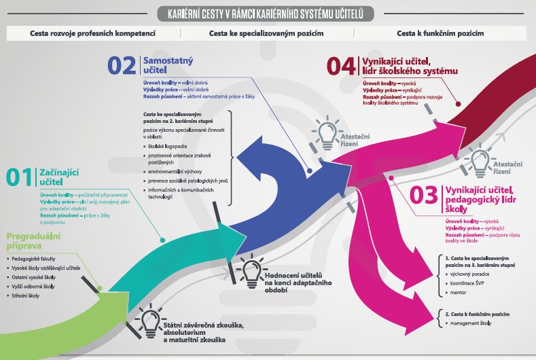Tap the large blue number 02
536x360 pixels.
point(122,65)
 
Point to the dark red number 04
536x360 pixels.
point(341,66)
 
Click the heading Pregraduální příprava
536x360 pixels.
point(33,241)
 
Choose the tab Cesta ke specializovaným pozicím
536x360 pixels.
point(266,33)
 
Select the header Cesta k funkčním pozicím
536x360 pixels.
point(440,33)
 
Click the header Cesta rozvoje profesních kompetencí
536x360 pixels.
point(93,33)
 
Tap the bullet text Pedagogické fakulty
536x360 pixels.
point(39,259)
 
